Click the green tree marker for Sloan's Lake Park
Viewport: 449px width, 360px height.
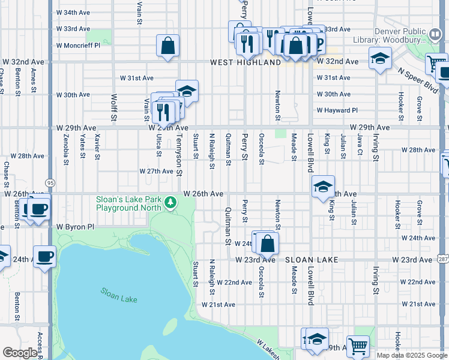pos(171,203)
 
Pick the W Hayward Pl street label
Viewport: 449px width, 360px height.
pos(337,110)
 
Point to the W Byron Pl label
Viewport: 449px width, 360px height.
pos(76,227)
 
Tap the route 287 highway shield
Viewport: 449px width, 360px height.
pos(442,259)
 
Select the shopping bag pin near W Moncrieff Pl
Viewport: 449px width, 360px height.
pos(168,46)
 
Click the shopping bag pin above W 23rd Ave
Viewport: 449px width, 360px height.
pos(268,242)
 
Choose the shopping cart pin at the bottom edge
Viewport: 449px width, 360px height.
pos(358,346)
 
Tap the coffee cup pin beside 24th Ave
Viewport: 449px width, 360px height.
pos(44,256)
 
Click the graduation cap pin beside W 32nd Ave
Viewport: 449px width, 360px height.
pos(379,59)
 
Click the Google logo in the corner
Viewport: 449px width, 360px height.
pos(20,353)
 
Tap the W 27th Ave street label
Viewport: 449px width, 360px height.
pos(156,171)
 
